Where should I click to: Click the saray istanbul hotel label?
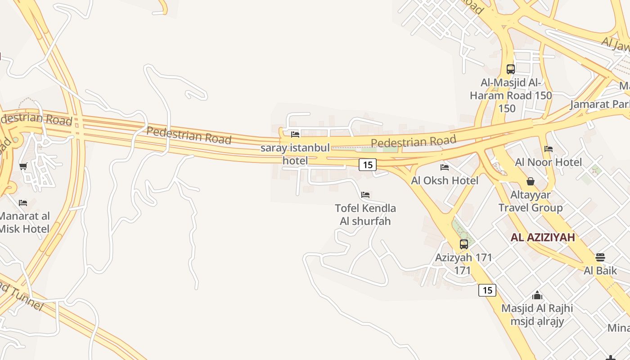click(295, 154)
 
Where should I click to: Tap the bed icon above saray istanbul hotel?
click(295, 134)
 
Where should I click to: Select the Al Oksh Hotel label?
click(445, 180)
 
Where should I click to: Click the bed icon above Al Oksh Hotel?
click(445, 167)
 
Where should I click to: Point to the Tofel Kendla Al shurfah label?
click(365, 215)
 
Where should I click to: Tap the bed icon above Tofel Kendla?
click(365, 195)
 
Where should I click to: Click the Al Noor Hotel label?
click(549, 162)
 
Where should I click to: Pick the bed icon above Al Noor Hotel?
click(548, 149)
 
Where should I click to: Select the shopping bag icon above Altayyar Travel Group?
click(531, 181)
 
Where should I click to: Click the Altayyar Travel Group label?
click(531, 201)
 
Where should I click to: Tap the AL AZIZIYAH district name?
click(543, 238)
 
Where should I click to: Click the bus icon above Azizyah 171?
click(464, 244)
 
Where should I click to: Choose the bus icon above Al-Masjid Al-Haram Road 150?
click(511, 69)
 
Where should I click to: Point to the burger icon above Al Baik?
click(600, 257)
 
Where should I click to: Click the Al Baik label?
click(600, 270)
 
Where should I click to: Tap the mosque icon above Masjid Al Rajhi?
click(537, 295)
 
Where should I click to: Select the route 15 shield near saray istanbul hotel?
click(368, 165)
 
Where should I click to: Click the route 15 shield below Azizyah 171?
click(487, 290)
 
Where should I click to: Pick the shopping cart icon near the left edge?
click(23, 166)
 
